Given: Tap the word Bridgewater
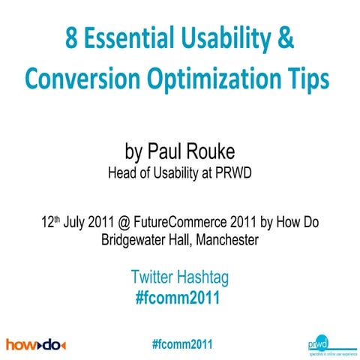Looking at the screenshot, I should click(x=132, y=241).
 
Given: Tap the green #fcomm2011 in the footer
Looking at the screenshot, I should click(x=181, y=343).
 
